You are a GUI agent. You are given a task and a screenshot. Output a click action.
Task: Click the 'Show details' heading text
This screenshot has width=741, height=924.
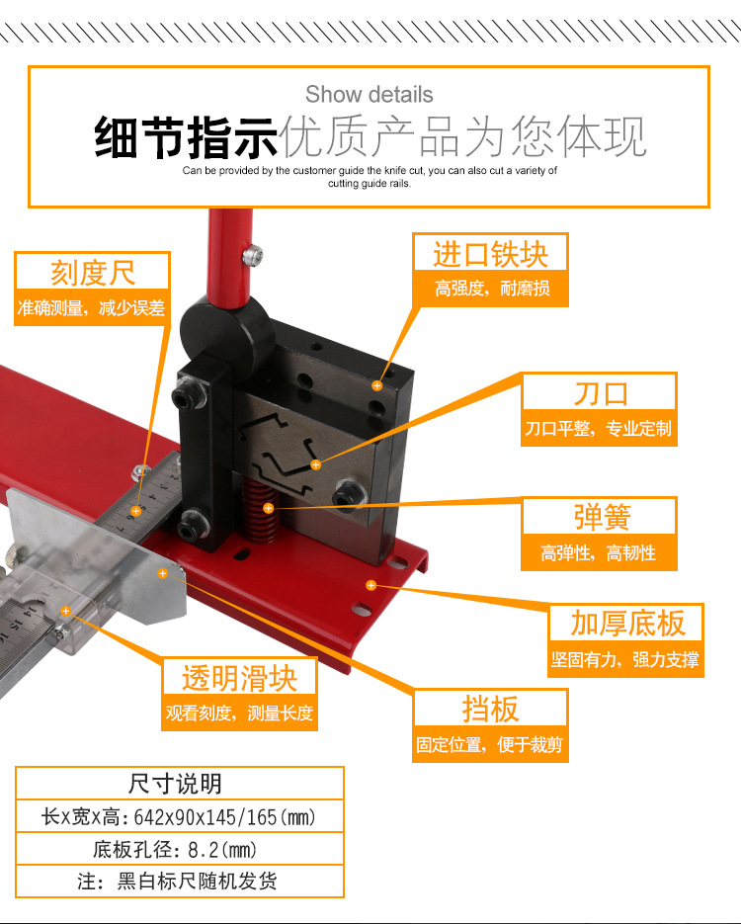(x=369, y=95)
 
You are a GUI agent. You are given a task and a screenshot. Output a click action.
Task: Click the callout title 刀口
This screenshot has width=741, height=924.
(x=600, y=392)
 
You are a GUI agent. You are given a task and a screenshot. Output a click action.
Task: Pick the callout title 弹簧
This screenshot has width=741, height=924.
(x=600, y=517)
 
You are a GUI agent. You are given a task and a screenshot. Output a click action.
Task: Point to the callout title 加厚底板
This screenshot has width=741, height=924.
(x=626, y=624)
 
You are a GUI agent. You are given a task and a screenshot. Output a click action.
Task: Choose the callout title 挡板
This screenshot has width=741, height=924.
(x=490, y=709)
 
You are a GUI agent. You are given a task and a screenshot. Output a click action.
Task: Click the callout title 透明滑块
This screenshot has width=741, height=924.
(x=239, y=678)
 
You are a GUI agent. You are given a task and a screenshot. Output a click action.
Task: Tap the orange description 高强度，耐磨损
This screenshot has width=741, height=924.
(x=491, y=289)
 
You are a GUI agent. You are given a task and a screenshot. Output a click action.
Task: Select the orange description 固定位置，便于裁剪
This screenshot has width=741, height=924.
(x=490, y=744)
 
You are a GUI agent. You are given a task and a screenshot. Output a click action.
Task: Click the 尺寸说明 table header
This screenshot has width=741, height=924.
(x=178, y=784)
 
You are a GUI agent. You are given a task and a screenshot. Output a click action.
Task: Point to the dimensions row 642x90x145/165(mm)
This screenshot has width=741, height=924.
(x=178, y=817)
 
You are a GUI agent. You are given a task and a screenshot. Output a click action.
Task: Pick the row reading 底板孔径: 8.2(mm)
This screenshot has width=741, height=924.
(x=178, y=849)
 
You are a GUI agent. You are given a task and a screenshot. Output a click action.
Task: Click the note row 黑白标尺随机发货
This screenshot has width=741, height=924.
(x=178, y=881)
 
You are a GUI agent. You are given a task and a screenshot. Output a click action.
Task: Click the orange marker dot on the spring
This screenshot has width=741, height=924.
(x=268, y=508)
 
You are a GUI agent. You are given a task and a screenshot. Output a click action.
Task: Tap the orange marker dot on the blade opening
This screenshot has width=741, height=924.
(x=316, y=463)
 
